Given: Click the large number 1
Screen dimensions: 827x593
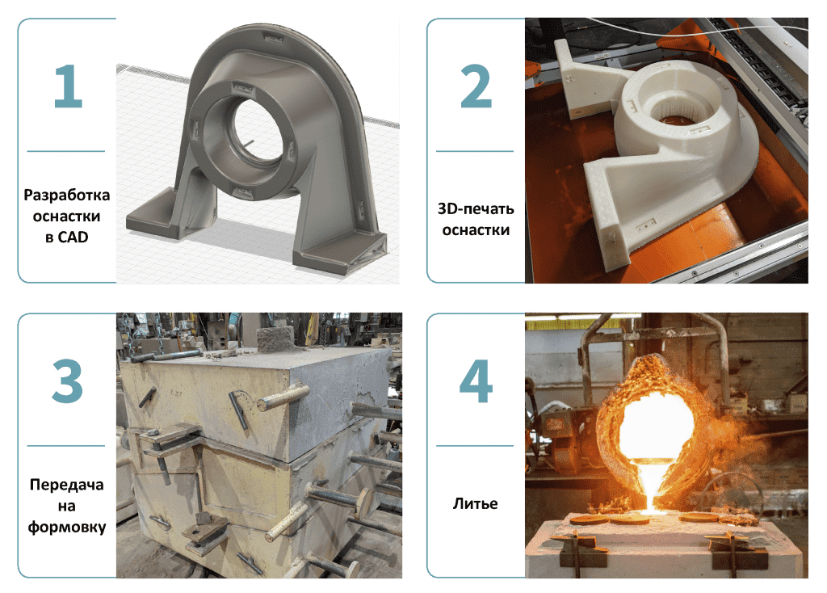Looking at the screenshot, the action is click(69, 86).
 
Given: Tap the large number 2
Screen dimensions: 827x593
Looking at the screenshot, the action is click(476, 86).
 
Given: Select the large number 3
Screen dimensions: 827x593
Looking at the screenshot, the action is click(68, 381).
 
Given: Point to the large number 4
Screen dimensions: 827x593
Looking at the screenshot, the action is click(476, 381).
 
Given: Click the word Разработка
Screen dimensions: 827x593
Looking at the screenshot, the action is click(67, 196).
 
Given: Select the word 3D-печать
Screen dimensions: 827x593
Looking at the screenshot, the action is click(476, 209).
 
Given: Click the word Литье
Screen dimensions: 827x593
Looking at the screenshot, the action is click(475, 504).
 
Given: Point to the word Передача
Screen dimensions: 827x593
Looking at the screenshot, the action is click(67, 485).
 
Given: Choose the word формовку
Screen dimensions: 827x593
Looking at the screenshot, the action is click(67, 527).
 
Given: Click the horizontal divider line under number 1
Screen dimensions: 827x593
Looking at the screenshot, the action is click(66, 151).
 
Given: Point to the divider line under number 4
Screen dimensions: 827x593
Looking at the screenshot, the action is click(475, 446).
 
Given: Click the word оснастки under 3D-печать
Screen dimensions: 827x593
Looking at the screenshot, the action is click(476, 230).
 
